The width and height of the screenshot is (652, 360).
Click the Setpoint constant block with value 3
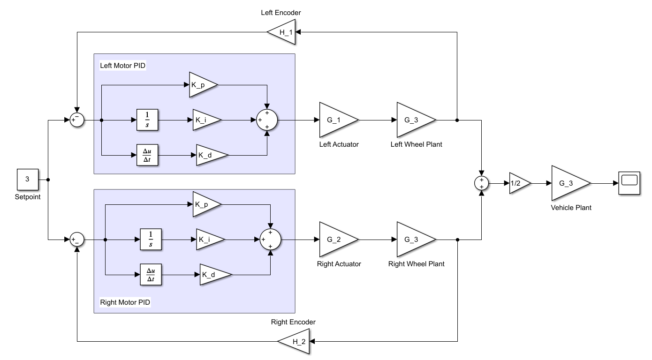pos(27,180)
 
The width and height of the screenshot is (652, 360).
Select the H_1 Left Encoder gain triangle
pos(284,32)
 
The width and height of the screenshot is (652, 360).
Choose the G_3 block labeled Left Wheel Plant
pos(414,120)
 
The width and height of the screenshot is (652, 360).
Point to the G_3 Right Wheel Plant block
pos(414,240)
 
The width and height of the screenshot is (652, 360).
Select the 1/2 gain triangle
pos(518,184)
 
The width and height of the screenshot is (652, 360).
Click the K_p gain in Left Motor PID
pos(201,85)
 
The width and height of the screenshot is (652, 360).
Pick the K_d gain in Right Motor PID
pos(213,275)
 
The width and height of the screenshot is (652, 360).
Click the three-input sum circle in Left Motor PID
pos(267,120)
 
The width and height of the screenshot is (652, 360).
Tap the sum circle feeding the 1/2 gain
pos(481,184)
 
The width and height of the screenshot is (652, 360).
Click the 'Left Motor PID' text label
pos(123,66)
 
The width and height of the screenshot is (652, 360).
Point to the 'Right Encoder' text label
pos(293,322)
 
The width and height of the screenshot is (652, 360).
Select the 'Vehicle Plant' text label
pos(571,207)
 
